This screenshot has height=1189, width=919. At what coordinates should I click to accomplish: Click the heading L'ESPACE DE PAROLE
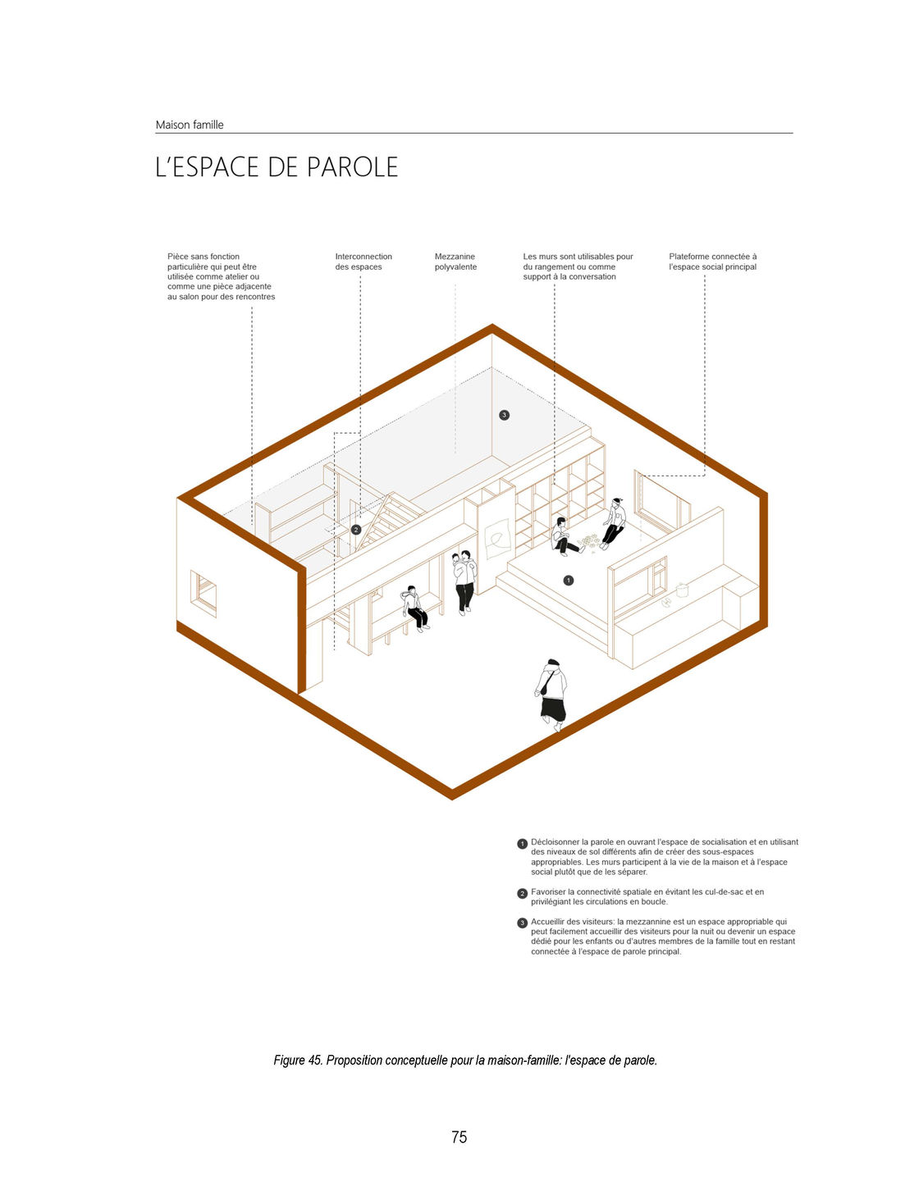277,167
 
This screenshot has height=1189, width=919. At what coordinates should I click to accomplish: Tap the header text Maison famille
190,125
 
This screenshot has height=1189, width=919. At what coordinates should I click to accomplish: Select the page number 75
459,1137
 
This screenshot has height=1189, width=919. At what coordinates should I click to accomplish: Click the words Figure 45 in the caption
298,1060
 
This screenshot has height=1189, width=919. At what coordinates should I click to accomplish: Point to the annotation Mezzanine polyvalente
455,262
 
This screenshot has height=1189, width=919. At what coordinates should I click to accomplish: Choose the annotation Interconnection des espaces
363,262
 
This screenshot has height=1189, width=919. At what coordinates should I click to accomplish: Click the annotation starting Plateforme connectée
712,262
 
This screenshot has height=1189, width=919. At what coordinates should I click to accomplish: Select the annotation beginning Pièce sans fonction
221,276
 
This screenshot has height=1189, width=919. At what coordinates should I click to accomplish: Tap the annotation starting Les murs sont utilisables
578,266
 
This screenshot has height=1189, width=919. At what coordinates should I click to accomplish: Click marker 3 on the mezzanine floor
505,415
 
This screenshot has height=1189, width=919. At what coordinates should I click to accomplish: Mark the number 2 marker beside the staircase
356,530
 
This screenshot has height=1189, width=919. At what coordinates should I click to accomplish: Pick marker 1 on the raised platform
569,580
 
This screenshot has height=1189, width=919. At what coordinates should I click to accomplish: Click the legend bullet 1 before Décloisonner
523,843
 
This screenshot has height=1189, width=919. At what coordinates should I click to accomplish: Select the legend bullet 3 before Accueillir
523,922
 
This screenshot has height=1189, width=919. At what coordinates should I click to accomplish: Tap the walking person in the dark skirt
552,693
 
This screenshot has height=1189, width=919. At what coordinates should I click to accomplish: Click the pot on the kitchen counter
681,589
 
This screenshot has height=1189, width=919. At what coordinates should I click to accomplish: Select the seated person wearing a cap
614,521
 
